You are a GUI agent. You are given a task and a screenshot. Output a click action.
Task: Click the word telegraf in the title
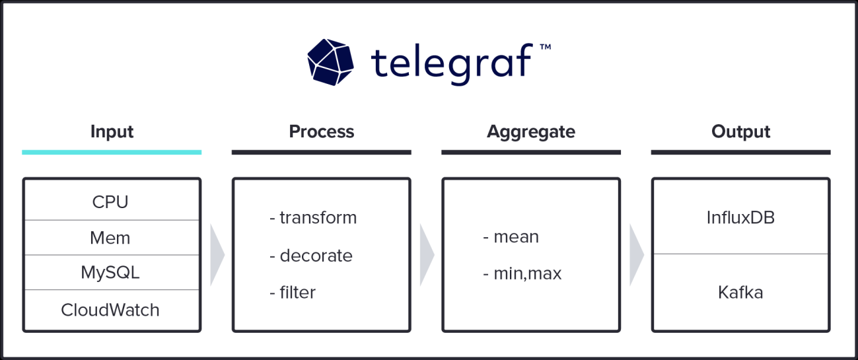coord(452,62)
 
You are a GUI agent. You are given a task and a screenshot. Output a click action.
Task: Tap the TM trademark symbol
coord(545,48)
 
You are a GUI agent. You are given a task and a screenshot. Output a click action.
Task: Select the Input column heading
coord(112,131)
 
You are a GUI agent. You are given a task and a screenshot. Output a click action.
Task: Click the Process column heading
coord(322,131)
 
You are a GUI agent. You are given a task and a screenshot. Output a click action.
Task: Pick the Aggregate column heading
coord(531,131)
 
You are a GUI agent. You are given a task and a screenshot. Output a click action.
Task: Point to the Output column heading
coord(740,131)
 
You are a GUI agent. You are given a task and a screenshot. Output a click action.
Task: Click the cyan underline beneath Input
coord(112,153)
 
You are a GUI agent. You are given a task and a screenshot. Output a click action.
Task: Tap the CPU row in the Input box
coord(110,202)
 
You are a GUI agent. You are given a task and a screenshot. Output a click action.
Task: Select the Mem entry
coord(110,238)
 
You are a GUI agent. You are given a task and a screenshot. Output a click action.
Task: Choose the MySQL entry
coord(110,272)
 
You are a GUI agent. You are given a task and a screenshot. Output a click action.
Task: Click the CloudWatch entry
coord(110,310)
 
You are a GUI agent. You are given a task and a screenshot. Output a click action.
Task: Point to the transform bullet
coord(313,217)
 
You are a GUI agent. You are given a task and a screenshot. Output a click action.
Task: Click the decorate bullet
coord(311,256)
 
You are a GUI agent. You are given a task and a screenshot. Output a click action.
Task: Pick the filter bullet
coord(293,292)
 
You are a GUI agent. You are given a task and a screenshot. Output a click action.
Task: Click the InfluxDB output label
coord(740,217)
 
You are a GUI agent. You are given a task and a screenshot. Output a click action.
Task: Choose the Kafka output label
coord(740,292)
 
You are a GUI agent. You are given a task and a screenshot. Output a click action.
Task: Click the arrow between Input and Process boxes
coord(217,255)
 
